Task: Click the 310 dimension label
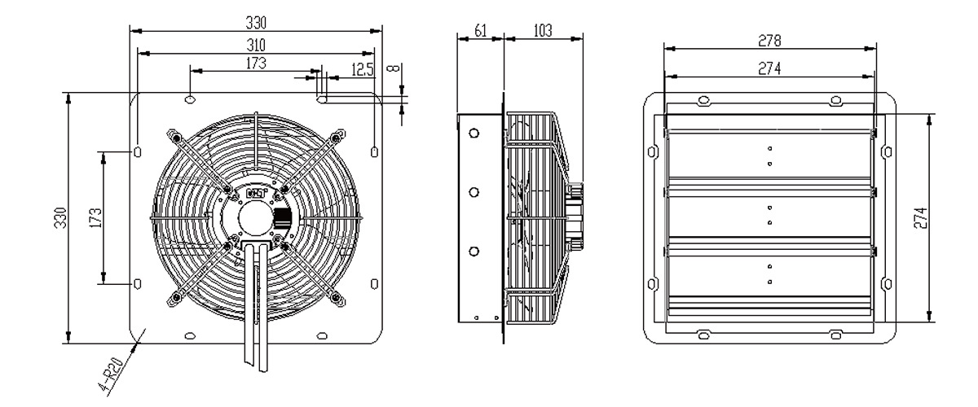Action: pyautogui.click(x=256, y=45)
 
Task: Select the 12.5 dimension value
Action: pyautogui.click(x=363, y=69)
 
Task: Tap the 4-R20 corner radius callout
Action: pyautogui.click(x=110, y=376)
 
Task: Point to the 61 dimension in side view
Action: pyautogui.click(x=480, y=31)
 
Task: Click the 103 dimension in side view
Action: pyautogui.click(x=543, y=31)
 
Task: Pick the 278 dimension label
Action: pyautogui.click(x=769, y=41)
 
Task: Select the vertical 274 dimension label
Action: pyautogui.click(x=920, y=217)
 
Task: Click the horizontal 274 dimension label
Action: pyautogui.click(x=769, y=68)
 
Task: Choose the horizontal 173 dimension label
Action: pyautogui.click(x=256, y=63)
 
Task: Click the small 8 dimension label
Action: pyautogui.click(x=394, y=68)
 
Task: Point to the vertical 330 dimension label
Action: pyautogui.click(x=60, y=217)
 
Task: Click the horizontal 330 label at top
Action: pyautogui.click(x=256, y=22)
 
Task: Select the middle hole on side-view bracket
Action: pyautogui.click(x=474, y=192)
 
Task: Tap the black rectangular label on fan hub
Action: pyautogui.click(x=283, y=218)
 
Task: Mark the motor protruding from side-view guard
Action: pyautogui.click(x=575, y=217)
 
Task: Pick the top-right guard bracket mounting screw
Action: pyautogui.click(x=335, y=138)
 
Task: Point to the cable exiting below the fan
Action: pyautogui.click(x=256, y=305)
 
